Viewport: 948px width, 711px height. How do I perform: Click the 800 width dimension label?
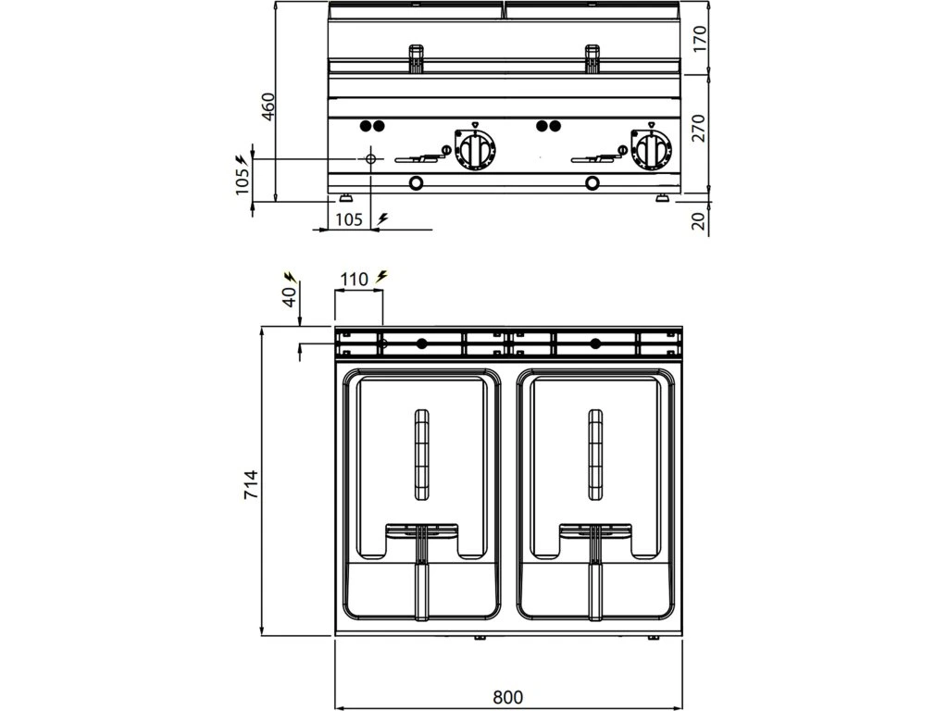pyautogui.click(x=507, y=695)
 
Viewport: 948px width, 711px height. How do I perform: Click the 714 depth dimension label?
pyautogui.click(x=251, y=485)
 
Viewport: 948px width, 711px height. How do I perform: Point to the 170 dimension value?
pyautogui.click(x=700, y=39)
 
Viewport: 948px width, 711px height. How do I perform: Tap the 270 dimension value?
pyautogui.click(x=700, y=128)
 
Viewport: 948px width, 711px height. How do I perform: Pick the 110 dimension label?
pyautogui.click(x=355, y=279)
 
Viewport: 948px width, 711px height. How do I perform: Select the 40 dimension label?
pyautogui.click(x=288, y=296)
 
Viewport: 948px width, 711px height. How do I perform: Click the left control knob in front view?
pyautogui.click(x=477, y=149)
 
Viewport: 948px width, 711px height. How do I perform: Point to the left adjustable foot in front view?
pyautogui.click(x=345, y=197)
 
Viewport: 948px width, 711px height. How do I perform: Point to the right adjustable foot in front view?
pyautogui.click(x=665, y=197)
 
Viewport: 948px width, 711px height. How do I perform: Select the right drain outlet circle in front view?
pyautogui.click(x=592, y=181)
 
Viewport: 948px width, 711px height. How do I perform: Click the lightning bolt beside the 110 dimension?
pyautogui.click(x=382, y=276)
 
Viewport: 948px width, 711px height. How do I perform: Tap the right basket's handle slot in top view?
pyautogui.click(x=594, y=452)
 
